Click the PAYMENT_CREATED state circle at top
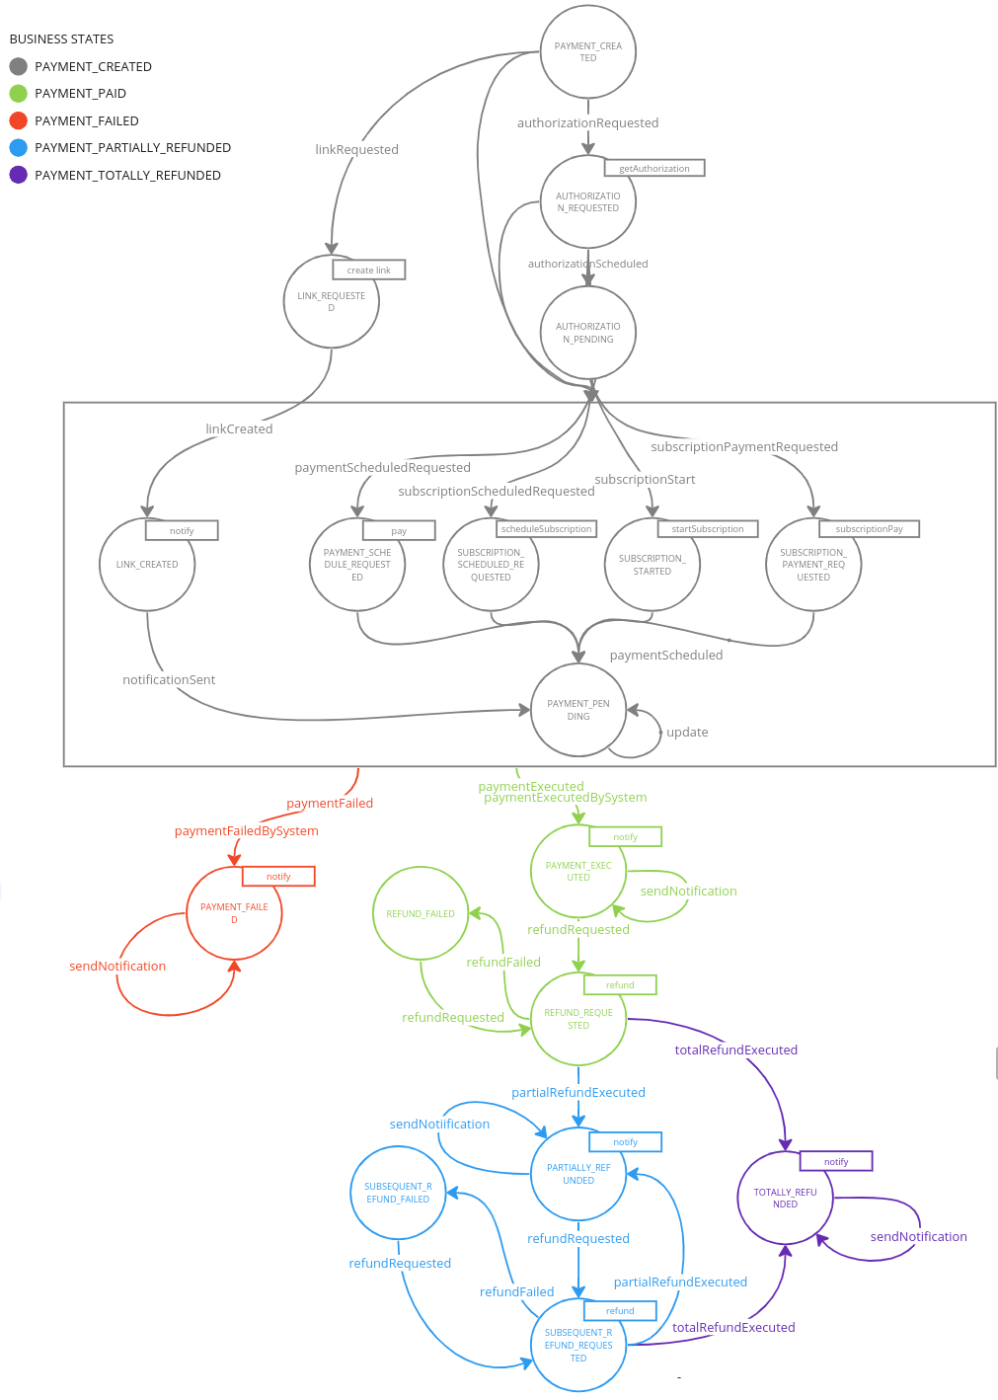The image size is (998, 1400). pos(587,51)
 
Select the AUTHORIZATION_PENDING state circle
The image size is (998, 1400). pos(587,333)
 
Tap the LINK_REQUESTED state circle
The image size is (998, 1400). pos(331,301)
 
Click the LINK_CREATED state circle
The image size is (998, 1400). pos(147,565)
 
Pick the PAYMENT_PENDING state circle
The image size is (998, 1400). pos(577,710)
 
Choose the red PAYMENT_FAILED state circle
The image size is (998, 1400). pos(234,913)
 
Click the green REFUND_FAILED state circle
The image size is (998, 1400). pos(421,913)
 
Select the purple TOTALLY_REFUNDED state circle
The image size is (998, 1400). pos(785,1198)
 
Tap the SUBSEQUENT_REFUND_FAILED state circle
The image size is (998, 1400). pos(398,1193)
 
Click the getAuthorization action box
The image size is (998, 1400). pos(654,168)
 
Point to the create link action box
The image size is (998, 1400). pos(368,270)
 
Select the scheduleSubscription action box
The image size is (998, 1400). pos(546,529)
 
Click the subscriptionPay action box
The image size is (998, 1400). pos(869,529)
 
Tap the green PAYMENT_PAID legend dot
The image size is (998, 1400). pos(18,94)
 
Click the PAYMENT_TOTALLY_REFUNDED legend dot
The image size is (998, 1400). pos(18,175)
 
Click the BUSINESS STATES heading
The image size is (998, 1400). pos(61,39)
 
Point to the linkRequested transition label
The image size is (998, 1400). pos(356,150)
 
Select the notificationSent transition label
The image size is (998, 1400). pos(169,680)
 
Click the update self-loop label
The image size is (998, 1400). pos(687,733)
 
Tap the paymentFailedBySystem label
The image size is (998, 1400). pos(247,831)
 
